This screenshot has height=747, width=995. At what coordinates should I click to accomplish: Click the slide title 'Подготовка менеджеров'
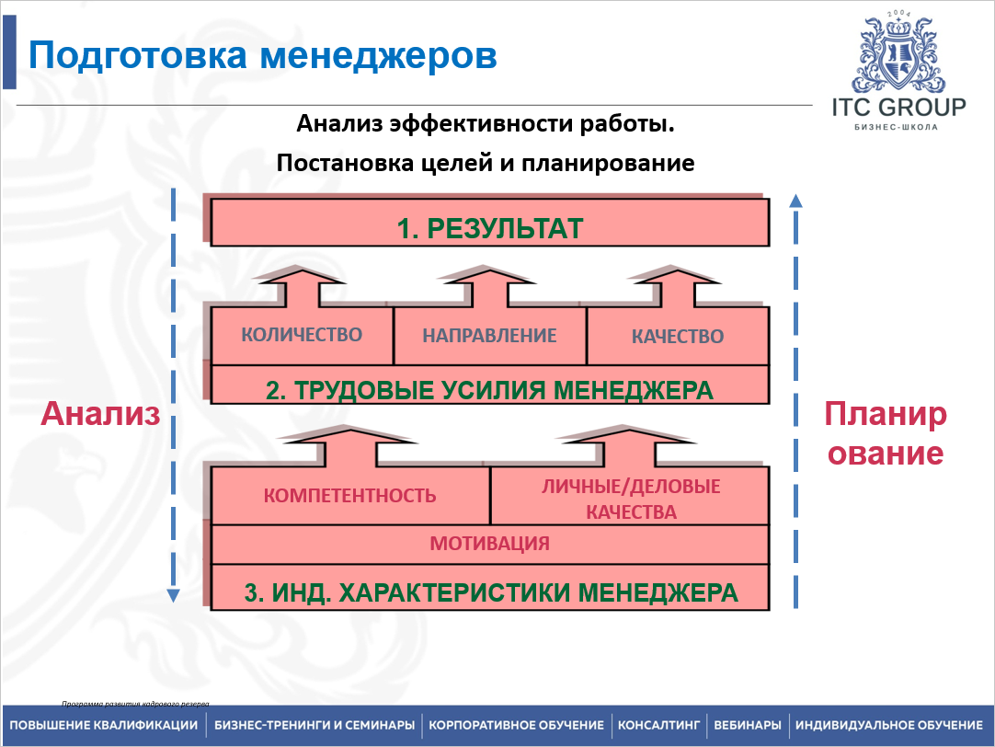coord(263,55)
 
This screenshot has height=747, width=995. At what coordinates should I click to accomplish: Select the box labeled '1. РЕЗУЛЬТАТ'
coord(490,227)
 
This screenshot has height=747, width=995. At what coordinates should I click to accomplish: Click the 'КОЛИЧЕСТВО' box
coord(302,335)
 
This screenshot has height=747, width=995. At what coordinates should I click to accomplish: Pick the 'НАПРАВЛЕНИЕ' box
coord(489,336)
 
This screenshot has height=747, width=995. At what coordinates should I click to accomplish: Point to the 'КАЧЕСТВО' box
coord(678,337)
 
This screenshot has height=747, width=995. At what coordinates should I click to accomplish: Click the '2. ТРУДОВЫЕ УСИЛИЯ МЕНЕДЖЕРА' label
coord(489,390)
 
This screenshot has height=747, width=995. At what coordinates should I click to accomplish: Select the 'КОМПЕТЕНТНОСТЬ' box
coord(349,496)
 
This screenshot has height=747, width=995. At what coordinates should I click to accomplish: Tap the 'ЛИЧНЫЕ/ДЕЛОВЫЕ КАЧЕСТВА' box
coord(630,499)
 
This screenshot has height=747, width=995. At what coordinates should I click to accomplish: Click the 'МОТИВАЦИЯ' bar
coord(490,544)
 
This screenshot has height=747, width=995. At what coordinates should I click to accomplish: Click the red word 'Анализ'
coord(101,414)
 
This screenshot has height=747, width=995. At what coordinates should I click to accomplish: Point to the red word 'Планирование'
coord(884,433)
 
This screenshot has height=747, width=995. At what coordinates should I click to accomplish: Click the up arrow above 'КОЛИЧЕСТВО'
coord(302,284)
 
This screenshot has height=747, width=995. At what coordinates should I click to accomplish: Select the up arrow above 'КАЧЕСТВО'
coord(678,284)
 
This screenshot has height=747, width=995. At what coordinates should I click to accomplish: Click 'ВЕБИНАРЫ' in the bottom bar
coord(748,725)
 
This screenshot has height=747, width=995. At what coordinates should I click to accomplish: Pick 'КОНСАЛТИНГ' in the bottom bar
coord(659,725)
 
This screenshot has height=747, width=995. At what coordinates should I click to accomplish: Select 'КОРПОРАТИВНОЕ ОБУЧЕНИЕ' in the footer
coord(516,725)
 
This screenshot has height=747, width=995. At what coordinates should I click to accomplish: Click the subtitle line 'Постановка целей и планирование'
coord(485,164)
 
